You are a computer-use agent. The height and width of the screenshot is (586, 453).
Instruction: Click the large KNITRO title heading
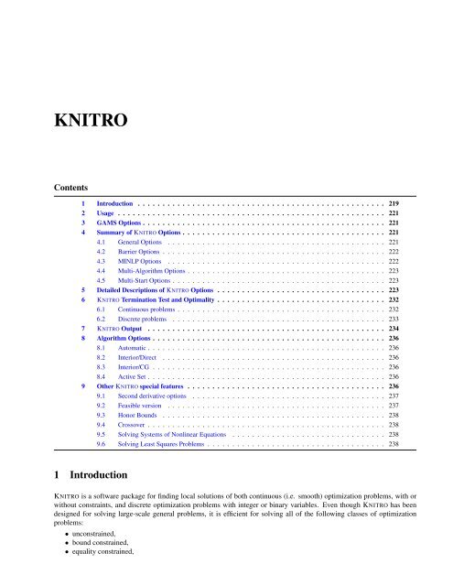point(54,120)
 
